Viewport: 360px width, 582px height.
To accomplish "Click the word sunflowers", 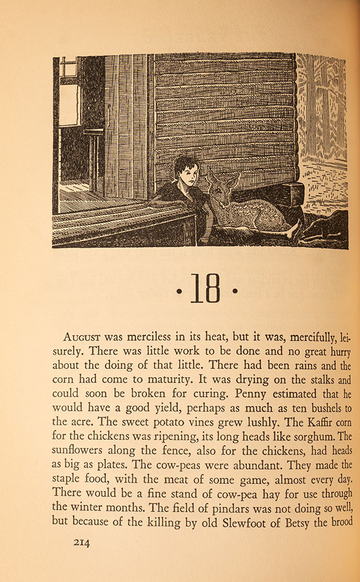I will coord(79,451).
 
